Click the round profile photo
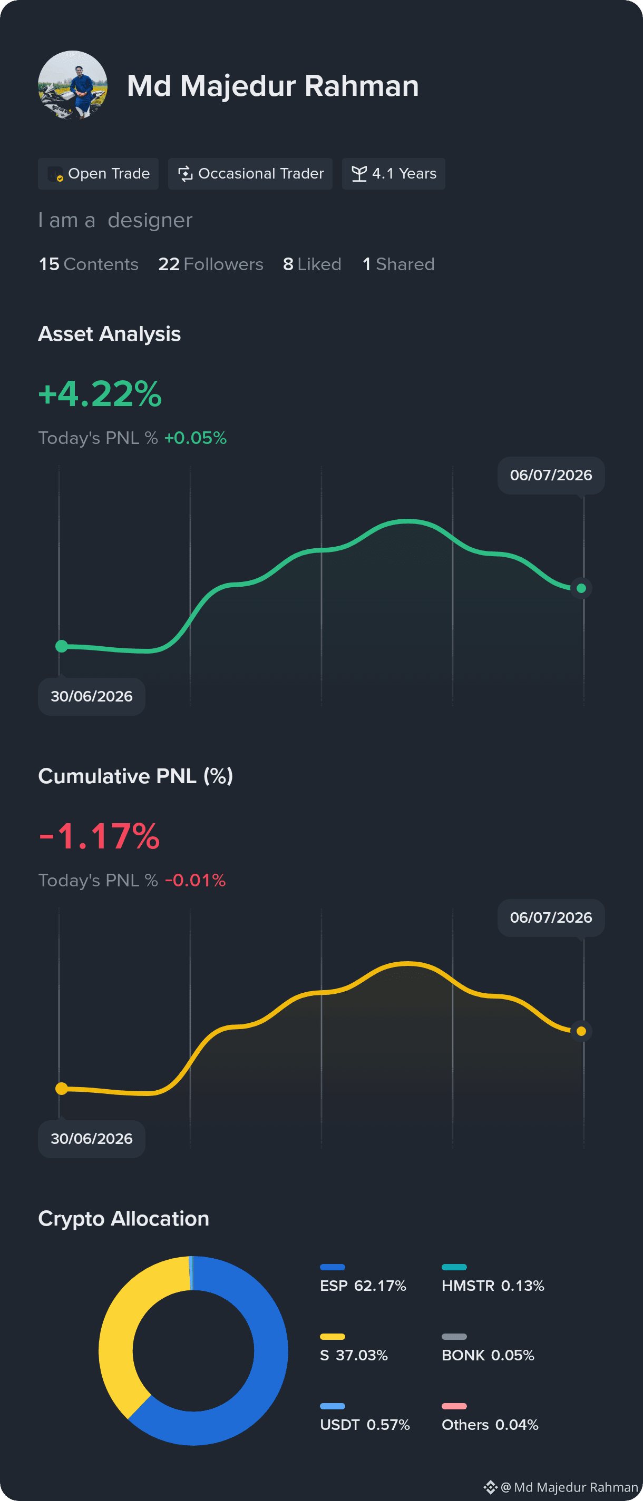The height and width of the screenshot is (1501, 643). pos(73,85)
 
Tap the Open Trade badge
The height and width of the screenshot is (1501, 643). pos(98,174)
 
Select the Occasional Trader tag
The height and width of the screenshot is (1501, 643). pos(250,174)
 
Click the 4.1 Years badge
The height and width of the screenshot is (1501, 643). pos(394,174)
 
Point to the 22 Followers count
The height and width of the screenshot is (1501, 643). pos(210,264)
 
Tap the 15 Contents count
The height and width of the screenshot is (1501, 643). pos(89,264)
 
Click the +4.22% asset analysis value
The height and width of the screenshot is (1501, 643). pos(100,393)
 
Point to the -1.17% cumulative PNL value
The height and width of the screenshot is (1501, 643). pos(99,836)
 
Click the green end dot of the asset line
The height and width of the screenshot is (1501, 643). pos(581,588)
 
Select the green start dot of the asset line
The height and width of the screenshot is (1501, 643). pos(62,646)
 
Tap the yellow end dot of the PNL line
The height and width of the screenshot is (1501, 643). pos(581,1031)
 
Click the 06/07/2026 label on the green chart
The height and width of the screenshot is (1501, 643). pos(551,476)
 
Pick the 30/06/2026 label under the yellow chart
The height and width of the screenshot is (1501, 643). pos(92,1139)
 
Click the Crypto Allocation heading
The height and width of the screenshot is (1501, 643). pos(123,1218)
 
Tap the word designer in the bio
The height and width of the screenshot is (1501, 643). pos(150,220)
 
